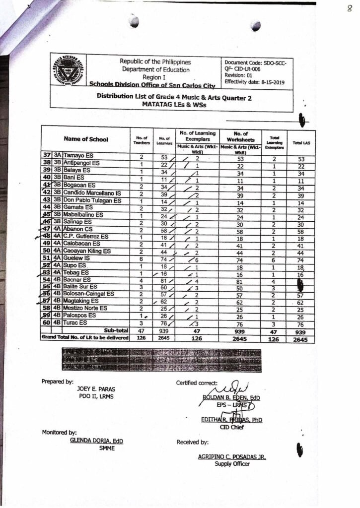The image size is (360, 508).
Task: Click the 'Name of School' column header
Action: (x=86, y=139)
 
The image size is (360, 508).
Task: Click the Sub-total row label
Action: (x=116, y=330)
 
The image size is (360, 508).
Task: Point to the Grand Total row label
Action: (x=86, y=338)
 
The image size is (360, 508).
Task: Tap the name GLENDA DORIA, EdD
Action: (x=96, y=441)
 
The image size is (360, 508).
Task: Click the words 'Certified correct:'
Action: (x=197, y=382)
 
